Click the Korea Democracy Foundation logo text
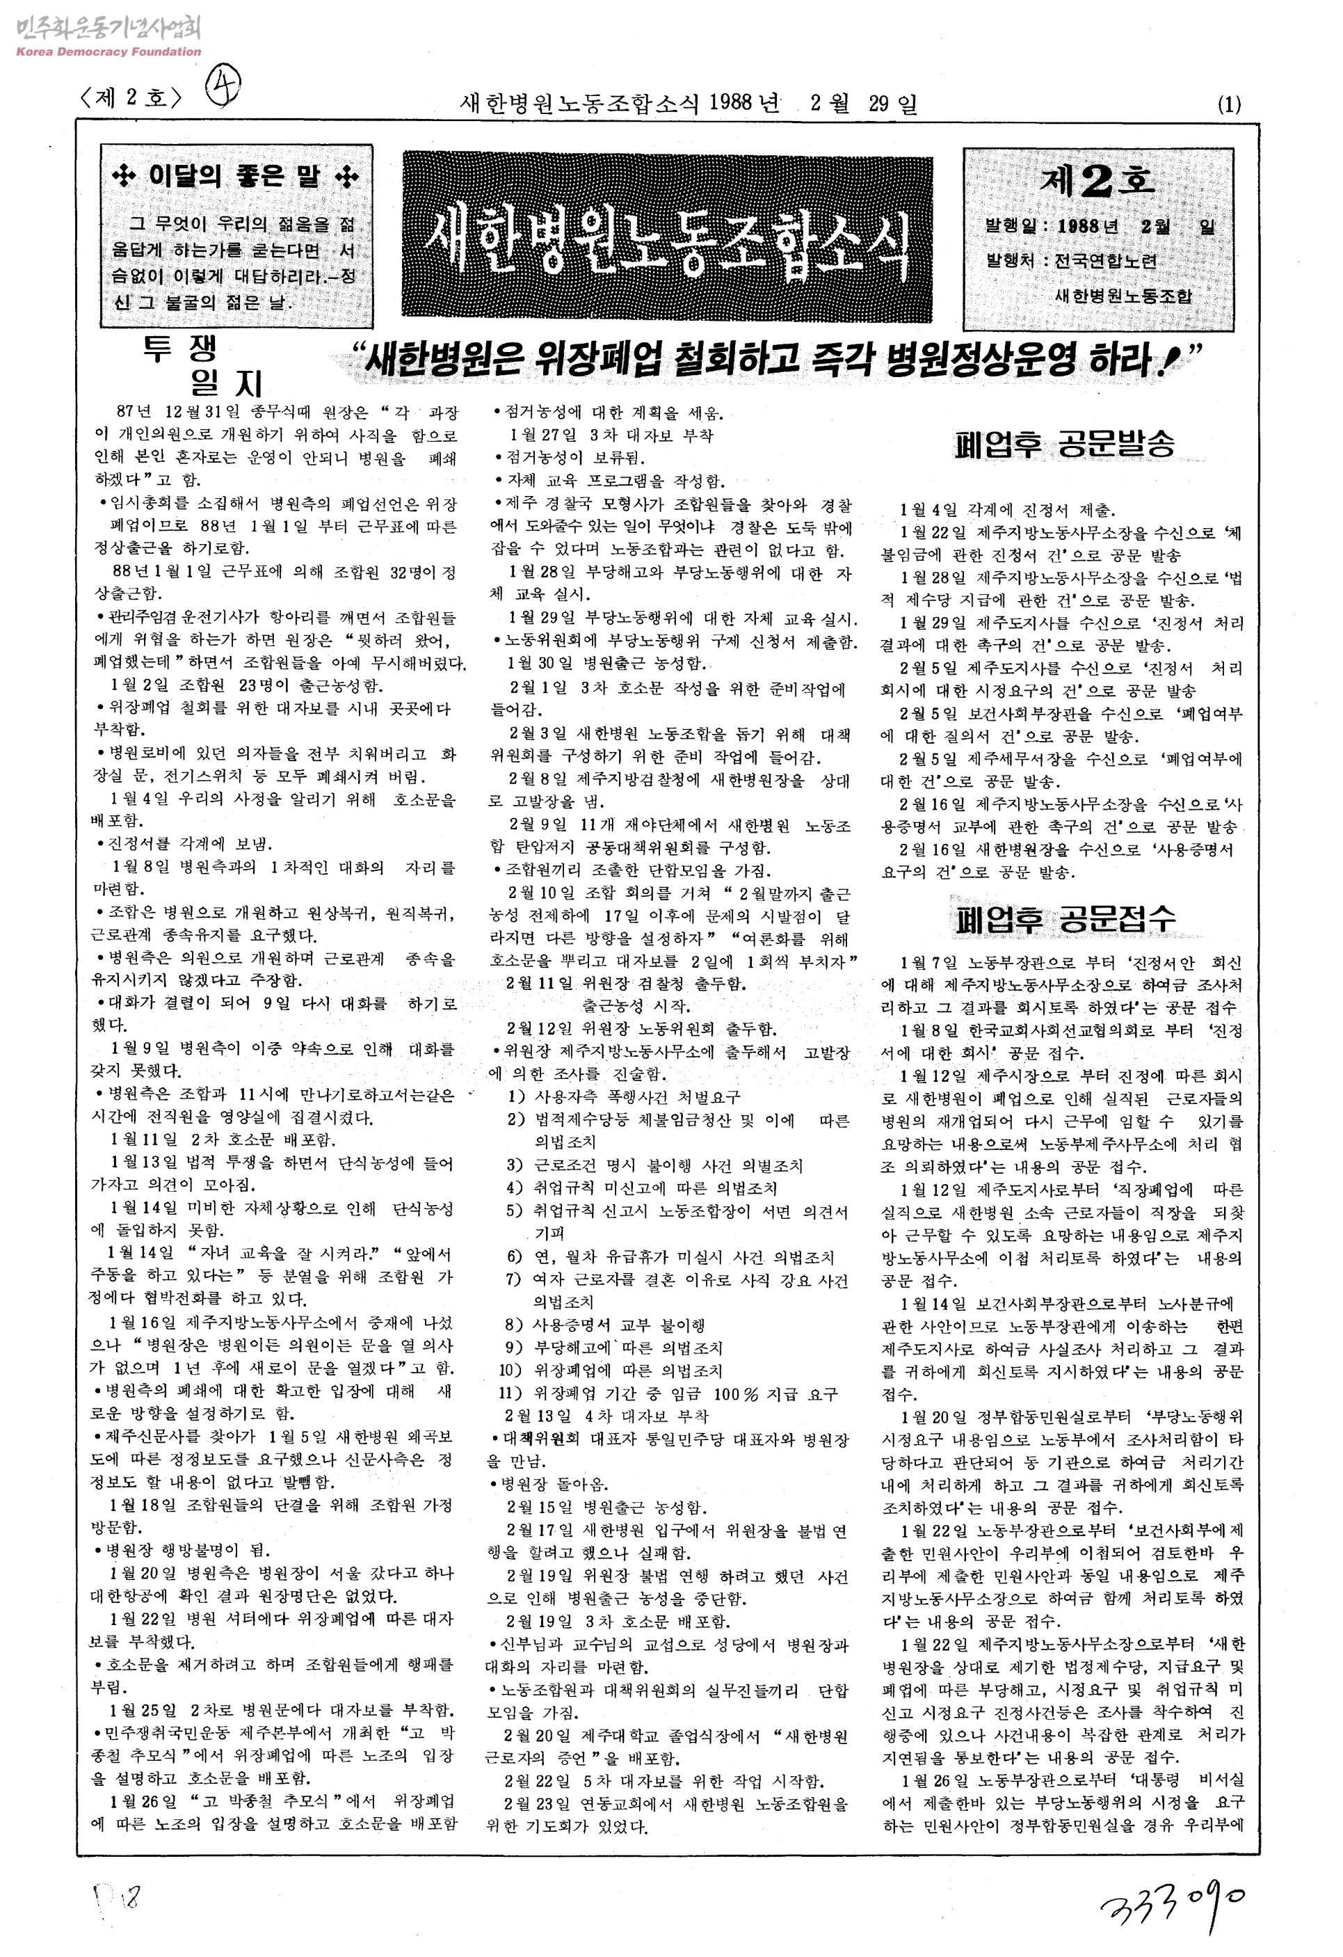[108, 51]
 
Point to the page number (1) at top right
[1228, 104]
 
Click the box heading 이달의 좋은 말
[236, 176]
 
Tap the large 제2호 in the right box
[1097, 180]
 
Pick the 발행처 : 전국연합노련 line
[1071, 260]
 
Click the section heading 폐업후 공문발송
[1064, 444]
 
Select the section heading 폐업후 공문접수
[1064, 919]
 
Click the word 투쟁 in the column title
[179, 348]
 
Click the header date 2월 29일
[864, 104]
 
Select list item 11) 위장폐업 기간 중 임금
[669, 1393]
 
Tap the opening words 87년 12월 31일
[179, 412]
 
